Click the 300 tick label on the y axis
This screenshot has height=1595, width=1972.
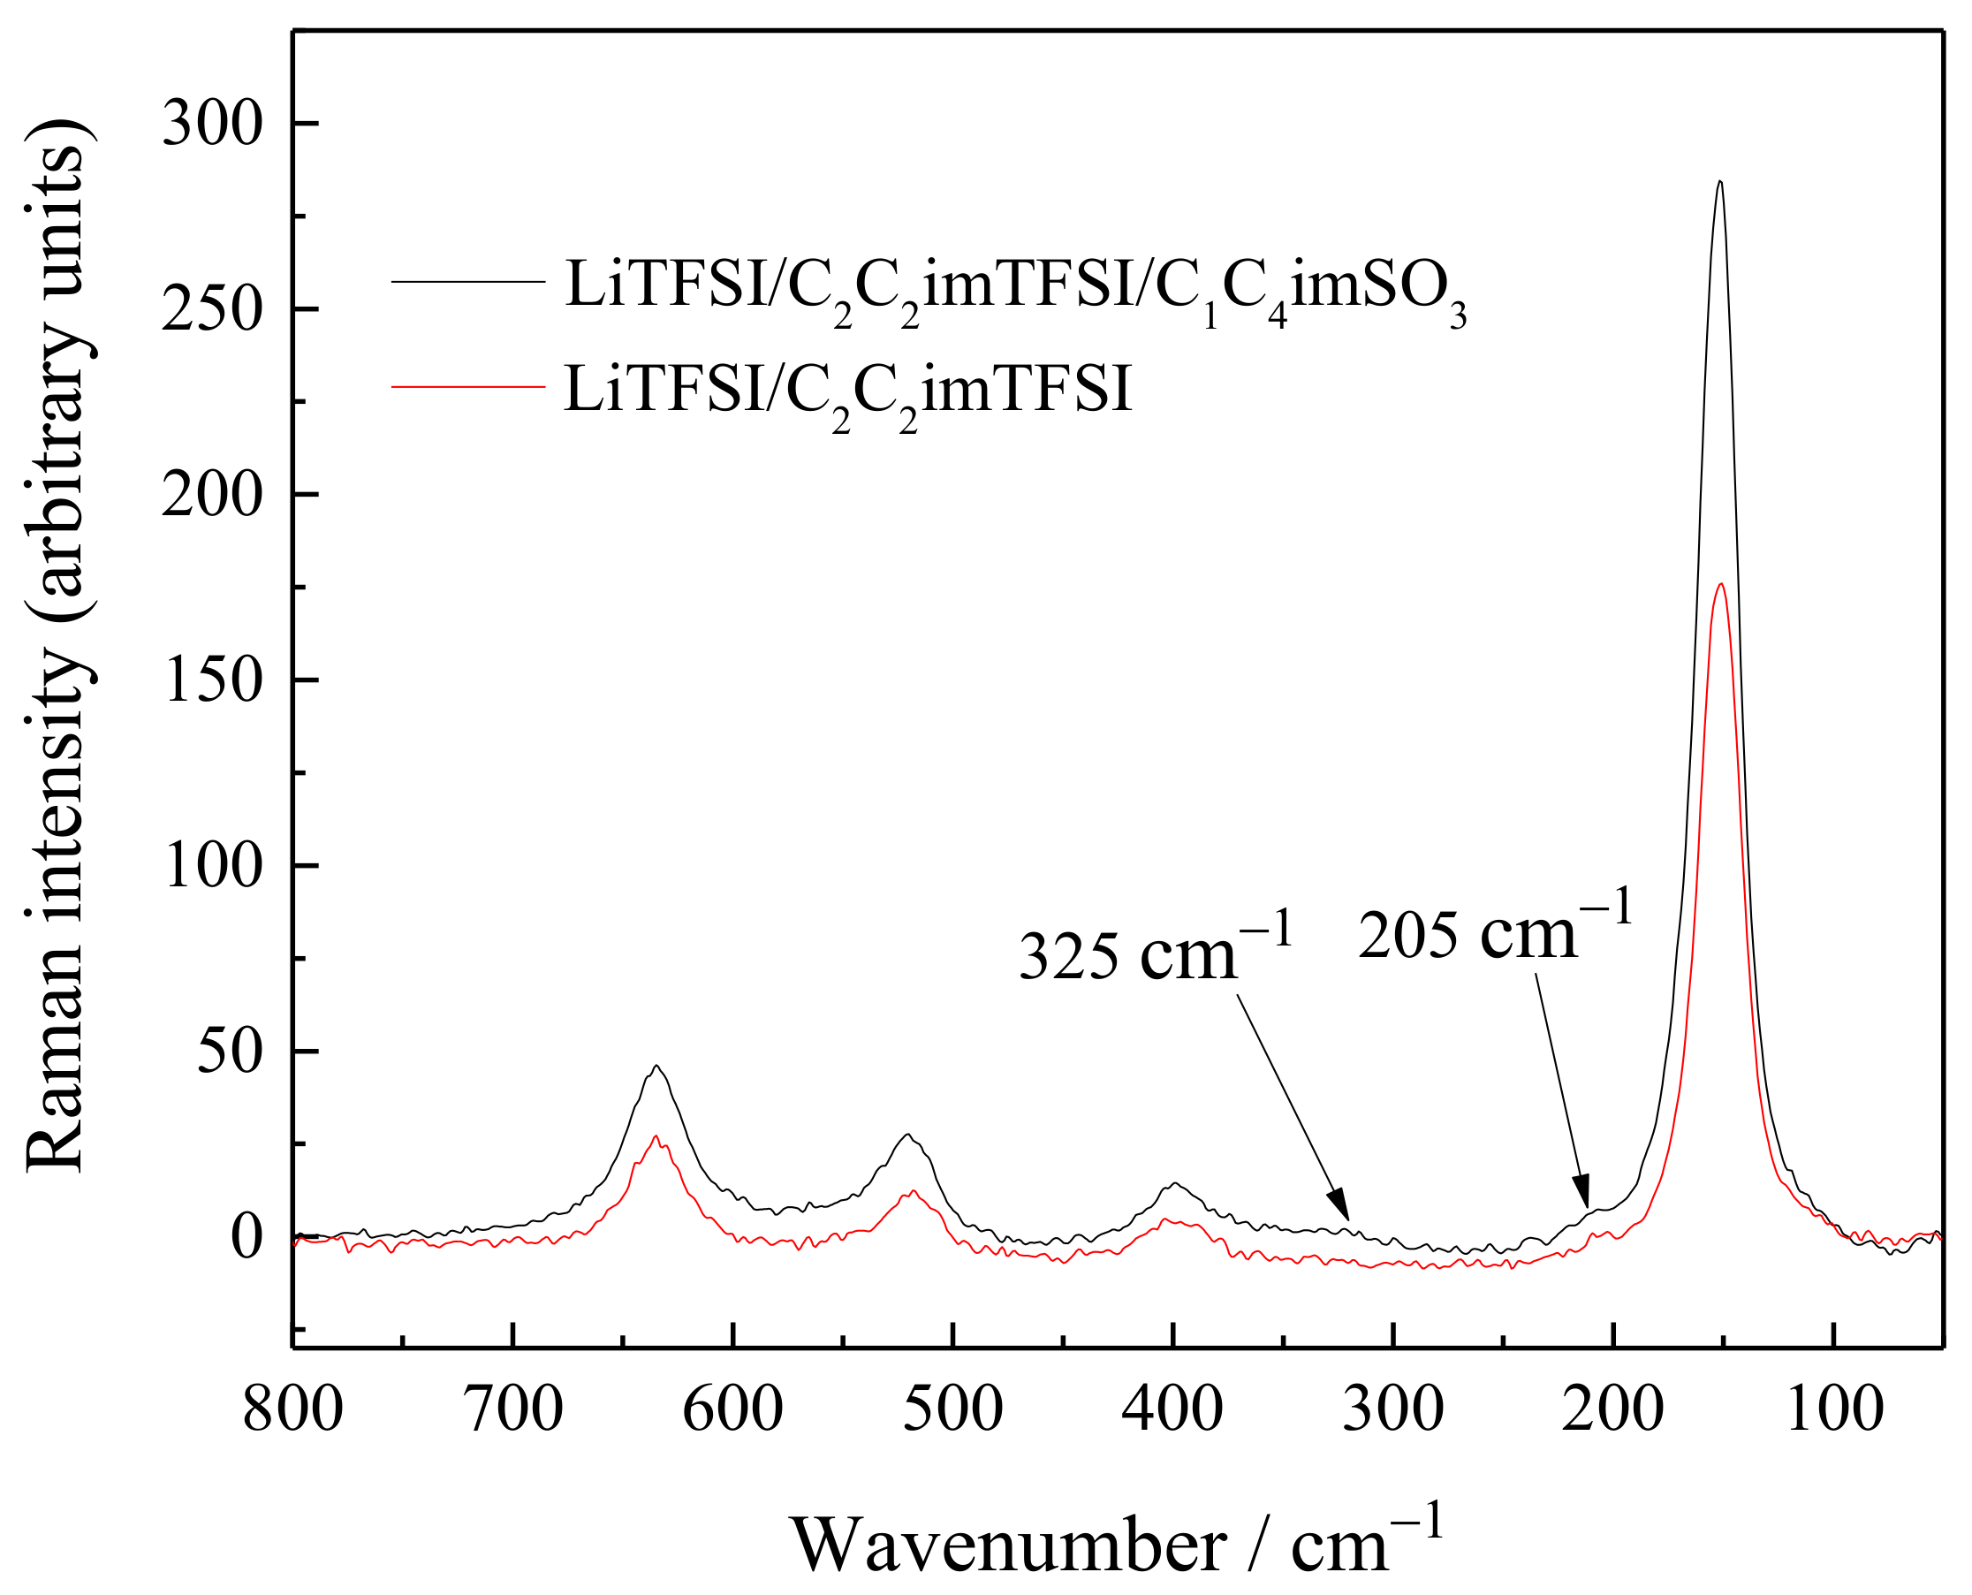[212, 124]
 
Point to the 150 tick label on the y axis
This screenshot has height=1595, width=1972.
[212, 680]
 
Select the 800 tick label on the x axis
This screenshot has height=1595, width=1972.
[293, 1410]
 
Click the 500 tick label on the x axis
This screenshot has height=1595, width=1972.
[952, 1410]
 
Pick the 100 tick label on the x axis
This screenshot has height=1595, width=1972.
[1835, 1410]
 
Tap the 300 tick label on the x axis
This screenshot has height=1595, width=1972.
[1392, 1410]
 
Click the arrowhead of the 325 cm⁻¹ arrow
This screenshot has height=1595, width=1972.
[1342, 1209]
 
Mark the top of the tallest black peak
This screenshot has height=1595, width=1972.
[1719, 182]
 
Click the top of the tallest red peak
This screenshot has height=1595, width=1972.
[1720, 584]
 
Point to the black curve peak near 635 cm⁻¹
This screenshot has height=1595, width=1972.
[656, 1067]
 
